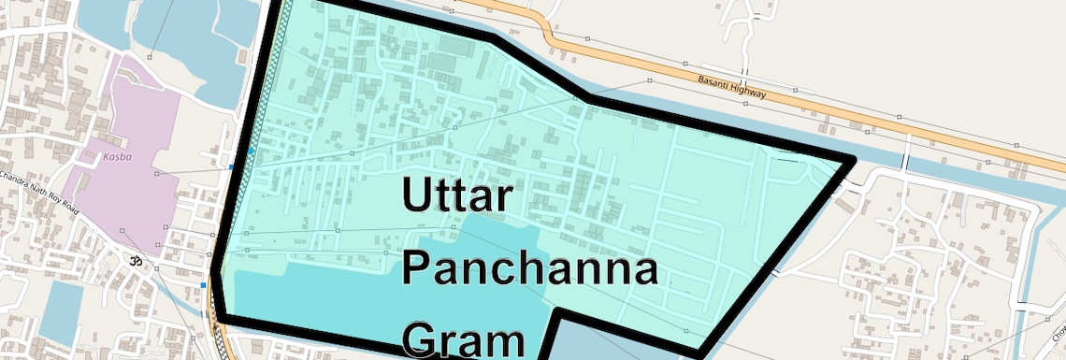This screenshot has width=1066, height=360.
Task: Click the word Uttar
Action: pos(458,197)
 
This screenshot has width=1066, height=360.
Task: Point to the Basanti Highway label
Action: pos(732,88)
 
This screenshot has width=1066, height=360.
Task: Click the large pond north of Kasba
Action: pos(187,47)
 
